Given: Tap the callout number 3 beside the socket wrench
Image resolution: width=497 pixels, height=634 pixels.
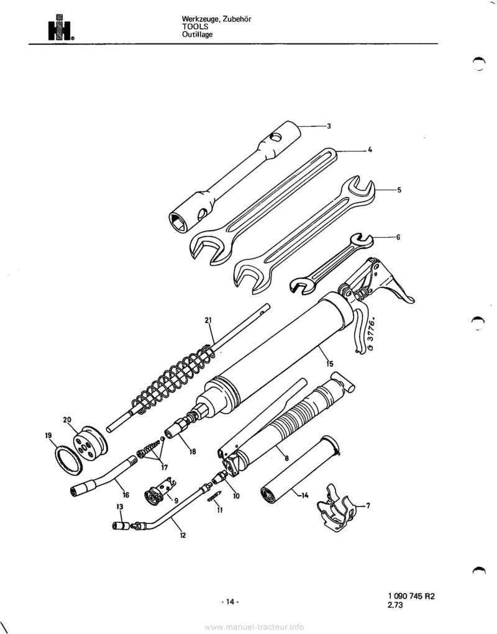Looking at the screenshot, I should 329,126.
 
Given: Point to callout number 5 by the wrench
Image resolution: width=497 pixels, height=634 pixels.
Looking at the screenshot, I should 399,189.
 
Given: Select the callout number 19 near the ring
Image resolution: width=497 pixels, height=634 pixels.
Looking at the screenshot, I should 48,436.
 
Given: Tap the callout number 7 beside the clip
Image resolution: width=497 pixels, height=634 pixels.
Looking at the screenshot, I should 368,506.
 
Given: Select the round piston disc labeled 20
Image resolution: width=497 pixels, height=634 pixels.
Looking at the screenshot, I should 90,442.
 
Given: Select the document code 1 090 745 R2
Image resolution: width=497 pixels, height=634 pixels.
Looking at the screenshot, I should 409,596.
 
